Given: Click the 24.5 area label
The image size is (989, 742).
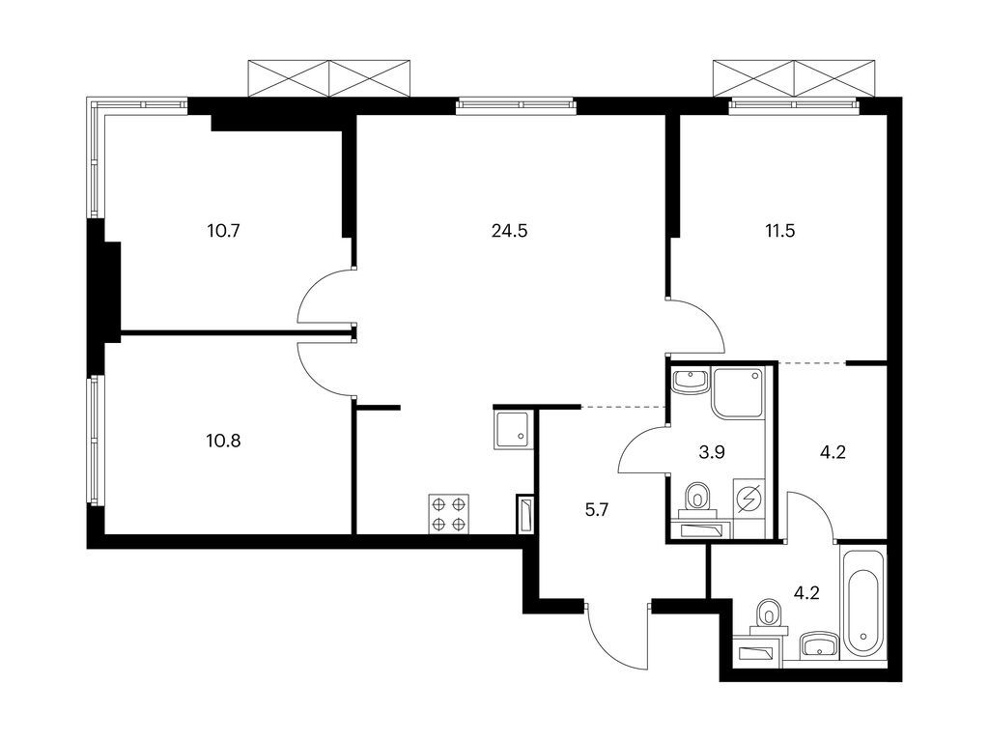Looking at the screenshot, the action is click(509, 231).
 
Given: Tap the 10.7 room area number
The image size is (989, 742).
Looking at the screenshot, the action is click(223, 231).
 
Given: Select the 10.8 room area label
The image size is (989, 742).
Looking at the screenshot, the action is click(223, 441).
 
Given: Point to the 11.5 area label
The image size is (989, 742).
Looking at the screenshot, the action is click(780, 231).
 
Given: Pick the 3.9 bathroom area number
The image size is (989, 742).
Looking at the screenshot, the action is click(712, 452).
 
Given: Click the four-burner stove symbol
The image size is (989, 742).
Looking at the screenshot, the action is click(449, 514).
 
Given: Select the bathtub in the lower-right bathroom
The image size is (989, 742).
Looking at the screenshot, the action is click(862, 604).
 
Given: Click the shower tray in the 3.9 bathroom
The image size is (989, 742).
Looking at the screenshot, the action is click(738, 391).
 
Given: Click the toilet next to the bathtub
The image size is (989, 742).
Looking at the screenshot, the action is click(769, 615).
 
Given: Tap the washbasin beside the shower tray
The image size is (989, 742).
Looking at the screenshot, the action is click(690, 381).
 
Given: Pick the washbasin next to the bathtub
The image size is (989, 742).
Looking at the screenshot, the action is click(819, 645).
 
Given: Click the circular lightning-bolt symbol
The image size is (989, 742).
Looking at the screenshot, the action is click(749, 499).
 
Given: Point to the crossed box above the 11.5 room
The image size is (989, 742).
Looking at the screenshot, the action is click(794, 79).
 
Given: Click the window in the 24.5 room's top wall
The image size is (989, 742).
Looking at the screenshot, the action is click(517, 105).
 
